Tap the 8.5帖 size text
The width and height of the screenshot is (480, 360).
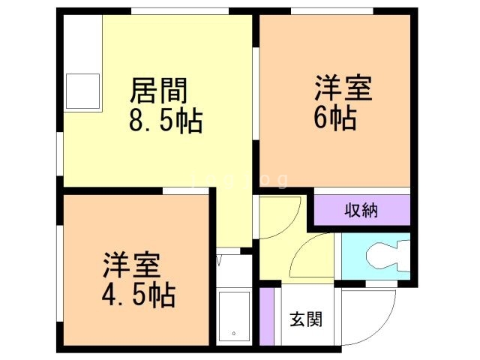coord(166,120)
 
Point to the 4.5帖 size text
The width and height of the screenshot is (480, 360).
coord(138,295)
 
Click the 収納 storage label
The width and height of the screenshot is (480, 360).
coord(361,210)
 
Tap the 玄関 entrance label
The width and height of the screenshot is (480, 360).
coord(306,319)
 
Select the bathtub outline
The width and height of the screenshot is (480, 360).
coord(233,316)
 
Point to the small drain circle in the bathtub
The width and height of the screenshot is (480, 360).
coord(234,334)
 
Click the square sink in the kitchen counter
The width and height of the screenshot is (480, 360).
coord(82,92)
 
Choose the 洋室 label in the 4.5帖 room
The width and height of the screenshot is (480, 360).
coord(131,266)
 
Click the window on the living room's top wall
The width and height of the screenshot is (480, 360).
coord(180,11)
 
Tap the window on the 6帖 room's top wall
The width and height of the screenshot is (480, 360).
coord(332,11)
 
